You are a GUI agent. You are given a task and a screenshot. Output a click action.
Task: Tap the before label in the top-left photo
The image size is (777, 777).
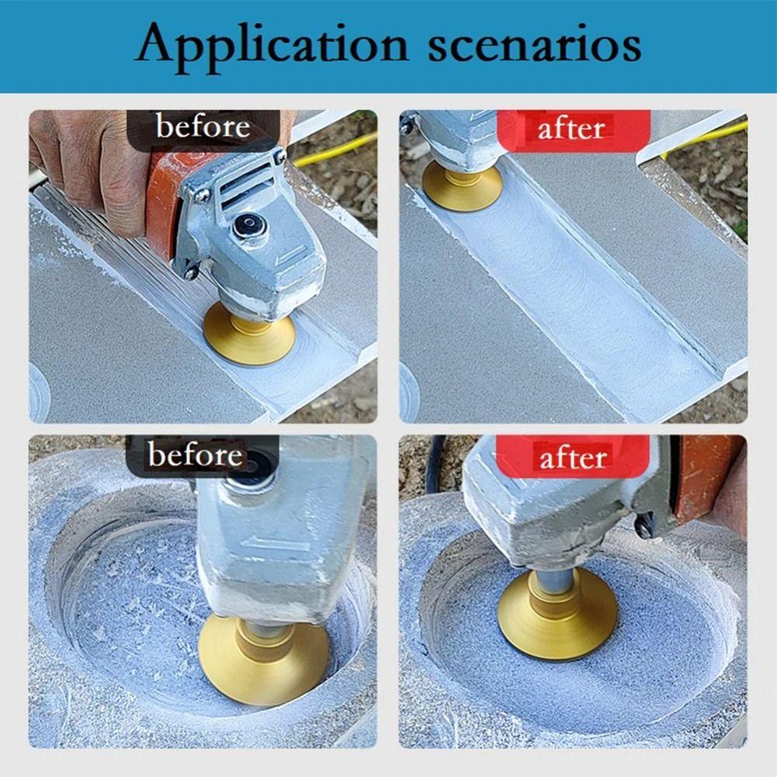203,127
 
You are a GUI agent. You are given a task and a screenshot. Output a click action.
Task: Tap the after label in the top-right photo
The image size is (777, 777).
572,128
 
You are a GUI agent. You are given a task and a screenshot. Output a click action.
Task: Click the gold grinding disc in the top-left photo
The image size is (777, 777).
249,336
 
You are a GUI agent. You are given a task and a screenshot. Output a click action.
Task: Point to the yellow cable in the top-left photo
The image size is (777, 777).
334,152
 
